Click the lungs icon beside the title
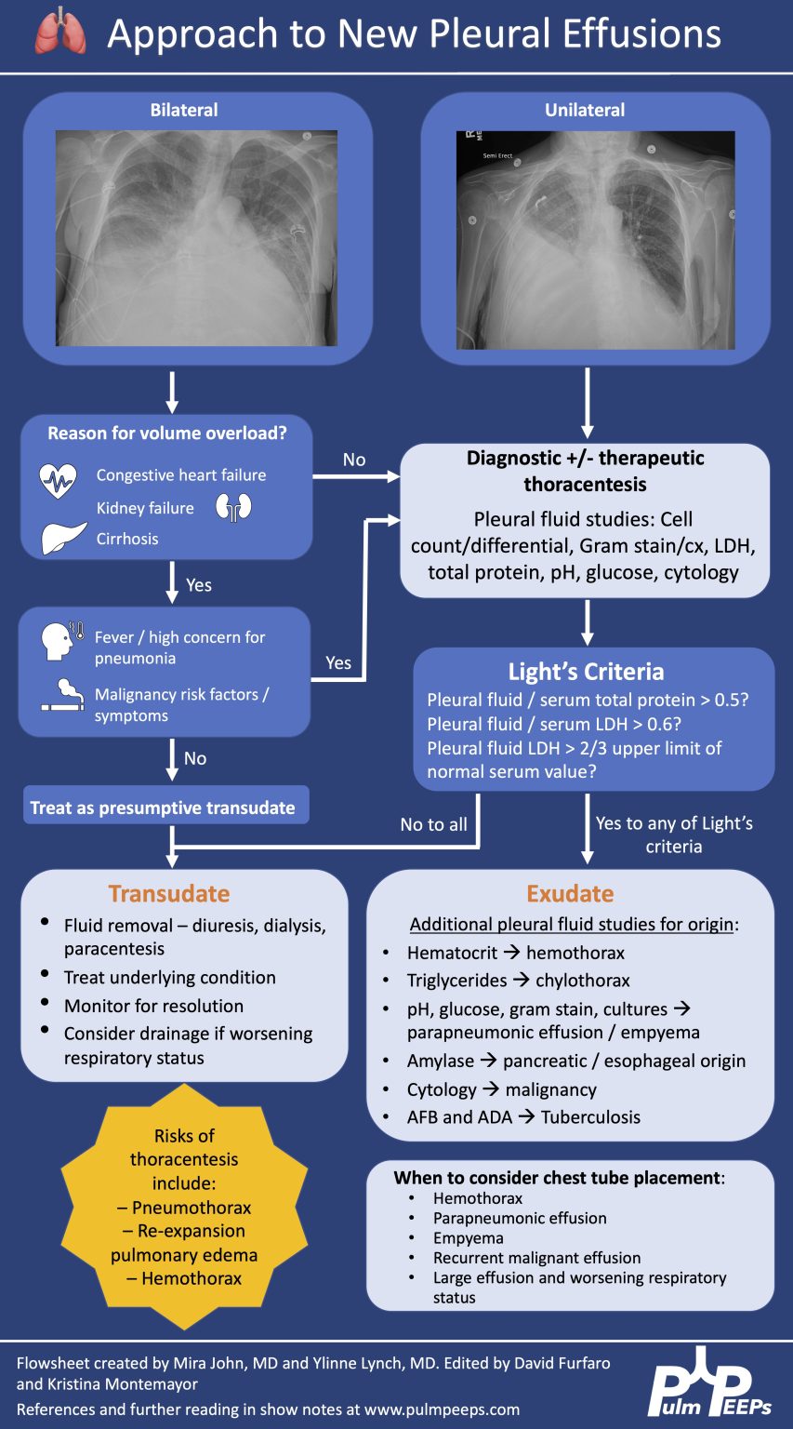coord(60,33)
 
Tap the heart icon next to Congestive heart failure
coord(58,480)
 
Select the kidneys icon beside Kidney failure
coord(234,507)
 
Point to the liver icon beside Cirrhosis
coord(64,539)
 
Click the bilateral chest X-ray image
coord(196,238)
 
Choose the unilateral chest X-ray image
coord(595,240)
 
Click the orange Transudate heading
coord(168,893)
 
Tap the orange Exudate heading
coord(570,893)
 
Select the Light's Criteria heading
coord(586,672)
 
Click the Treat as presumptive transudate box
coord(163,808)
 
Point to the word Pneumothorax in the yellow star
coord(192,1208)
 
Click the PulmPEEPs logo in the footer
coord(710,1383)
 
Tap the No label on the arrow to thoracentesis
coord(354,460)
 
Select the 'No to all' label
coord(433,824)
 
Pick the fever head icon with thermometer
coord(62,640)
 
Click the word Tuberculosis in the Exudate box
coord(590,1116)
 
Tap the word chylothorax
coord(583,981)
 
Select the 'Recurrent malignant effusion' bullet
coord(536,1258)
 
